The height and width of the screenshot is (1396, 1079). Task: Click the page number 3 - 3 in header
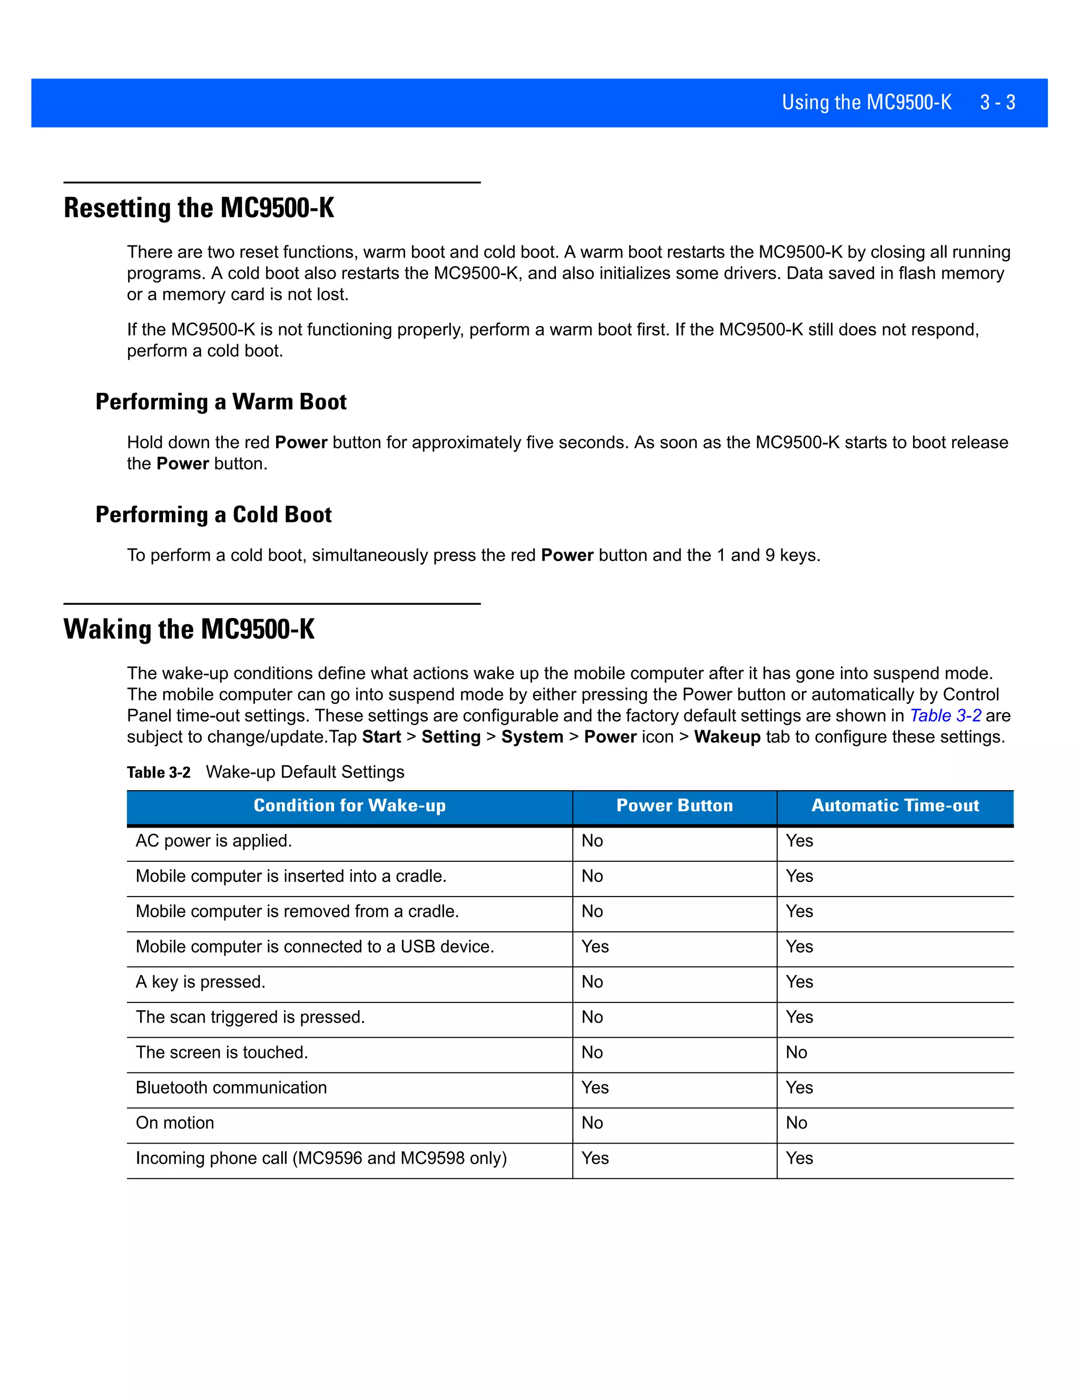(997, 102)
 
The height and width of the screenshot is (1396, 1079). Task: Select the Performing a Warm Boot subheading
(221, 401)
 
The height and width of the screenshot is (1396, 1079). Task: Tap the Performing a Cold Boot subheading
(213, 515)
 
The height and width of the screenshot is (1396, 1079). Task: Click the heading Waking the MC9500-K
(189, 629)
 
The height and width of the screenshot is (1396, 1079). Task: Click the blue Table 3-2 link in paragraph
(945, 715)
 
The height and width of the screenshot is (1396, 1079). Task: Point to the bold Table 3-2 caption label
(159, 772)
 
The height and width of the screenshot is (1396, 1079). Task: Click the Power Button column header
(674, 805)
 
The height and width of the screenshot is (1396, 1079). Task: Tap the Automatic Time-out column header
(895, 805)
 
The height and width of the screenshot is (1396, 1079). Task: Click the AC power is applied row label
(213, 841)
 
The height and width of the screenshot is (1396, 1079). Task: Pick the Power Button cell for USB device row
(595, 947)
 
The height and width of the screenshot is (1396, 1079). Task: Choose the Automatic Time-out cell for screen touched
(797, 1052)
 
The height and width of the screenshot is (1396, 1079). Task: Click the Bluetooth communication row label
(231, 1087)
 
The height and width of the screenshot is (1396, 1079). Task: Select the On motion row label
(174, 1123)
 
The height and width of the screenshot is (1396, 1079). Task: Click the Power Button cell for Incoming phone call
(595, 1158)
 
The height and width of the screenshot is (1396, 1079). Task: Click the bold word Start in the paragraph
(381, 737)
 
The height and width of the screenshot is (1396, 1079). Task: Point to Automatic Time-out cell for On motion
(797, 1123)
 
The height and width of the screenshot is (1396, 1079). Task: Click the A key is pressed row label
(200, 982)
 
